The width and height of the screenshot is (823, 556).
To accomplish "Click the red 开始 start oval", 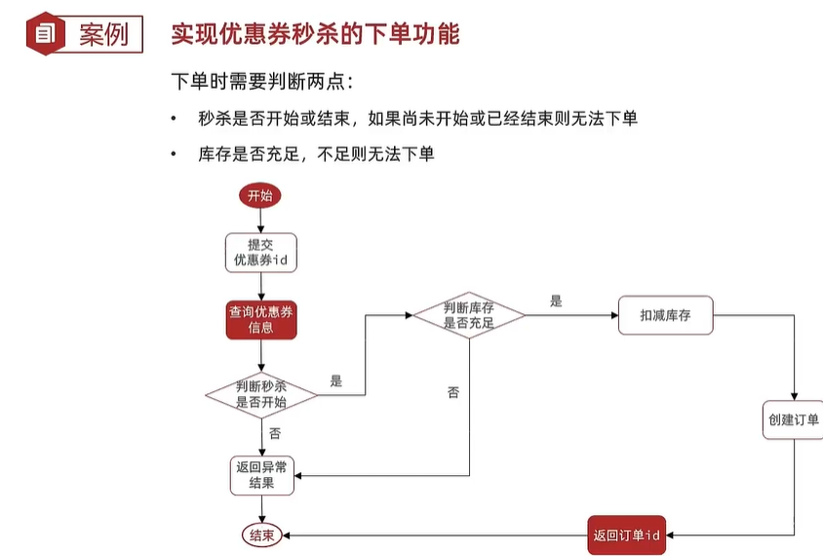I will click(x=260, y=195).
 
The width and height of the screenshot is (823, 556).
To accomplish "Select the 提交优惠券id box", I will click(x=260, y=252).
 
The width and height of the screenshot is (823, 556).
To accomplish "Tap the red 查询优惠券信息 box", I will click(x=260, y=320).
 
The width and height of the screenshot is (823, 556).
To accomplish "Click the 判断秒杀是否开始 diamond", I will click(x=261, y=394).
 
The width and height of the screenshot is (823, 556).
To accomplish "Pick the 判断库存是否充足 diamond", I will click(x=469, y=314).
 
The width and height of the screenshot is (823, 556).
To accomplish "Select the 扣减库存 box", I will click(x=666, y=316).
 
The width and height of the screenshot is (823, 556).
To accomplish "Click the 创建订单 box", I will click(x=793, y=419).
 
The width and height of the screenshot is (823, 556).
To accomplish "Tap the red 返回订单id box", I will click(x=627, y=536).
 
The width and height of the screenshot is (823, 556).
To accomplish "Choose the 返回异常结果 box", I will click(x=260, y=474).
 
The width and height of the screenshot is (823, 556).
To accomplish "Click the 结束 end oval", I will click(x=261, y=536).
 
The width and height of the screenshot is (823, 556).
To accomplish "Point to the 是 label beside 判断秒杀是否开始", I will click(x=336, y=381).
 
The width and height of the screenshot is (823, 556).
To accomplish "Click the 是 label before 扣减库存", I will click(x=556, y=301).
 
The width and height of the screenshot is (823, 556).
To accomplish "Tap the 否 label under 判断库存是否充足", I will click(x=453, y=392).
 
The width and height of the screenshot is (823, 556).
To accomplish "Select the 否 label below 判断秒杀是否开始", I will click(x=275, y=433).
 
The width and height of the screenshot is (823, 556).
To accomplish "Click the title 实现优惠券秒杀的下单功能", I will click(x=315, y=34).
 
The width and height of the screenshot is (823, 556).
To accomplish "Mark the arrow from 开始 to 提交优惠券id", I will click(x=260, y=219).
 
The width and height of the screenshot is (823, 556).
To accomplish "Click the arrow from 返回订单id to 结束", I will click(x=434, y=536).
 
